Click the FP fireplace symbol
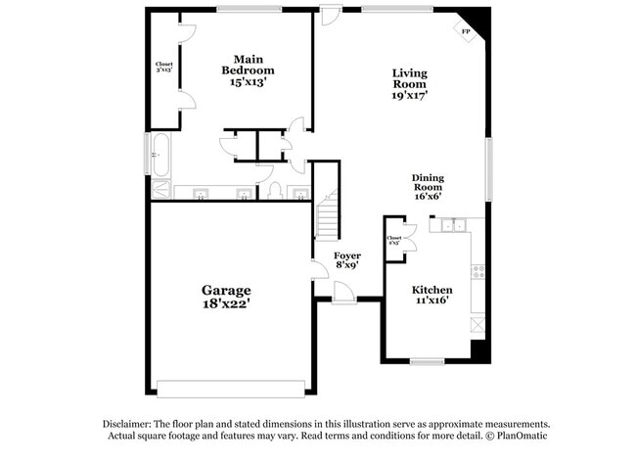(x=466, y=30)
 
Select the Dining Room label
(x=428, y=182)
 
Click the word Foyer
(x=347, y=255)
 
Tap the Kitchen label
(x=432, y=290)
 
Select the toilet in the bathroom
(x=275, y=190)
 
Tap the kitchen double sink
(x=453, y=226)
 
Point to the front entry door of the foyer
(x=343, y=293)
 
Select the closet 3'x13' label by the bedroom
(x=164, y=69)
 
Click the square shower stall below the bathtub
(x=159, y=190)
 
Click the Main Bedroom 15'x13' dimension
(x=248, y=82)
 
